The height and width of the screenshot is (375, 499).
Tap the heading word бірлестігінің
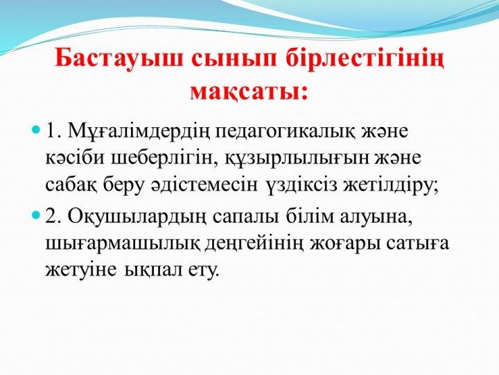pos(365,60)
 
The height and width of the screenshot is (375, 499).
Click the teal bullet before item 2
pos(37,215)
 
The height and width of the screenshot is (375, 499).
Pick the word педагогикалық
pos(285,133)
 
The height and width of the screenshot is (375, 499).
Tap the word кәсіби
pos(75,158)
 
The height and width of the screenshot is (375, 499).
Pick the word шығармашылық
pos(123,245)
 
